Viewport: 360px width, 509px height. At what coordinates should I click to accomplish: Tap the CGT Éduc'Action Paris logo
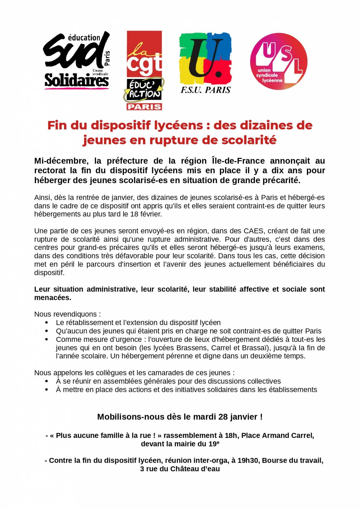144,70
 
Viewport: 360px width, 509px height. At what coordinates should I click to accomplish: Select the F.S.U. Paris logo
205,63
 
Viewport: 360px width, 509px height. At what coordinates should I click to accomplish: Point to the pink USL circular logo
279,61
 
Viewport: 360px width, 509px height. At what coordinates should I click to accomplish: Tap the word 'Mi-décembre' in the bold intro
61,161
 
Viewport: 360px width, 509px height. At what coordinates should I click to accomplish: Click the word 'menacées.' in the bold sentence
53,298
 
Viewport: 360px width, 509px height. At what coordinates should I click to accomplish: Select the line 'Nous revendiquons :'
67,314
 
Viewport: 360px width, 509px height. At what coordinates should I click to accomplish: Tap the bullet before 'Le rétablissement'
46,323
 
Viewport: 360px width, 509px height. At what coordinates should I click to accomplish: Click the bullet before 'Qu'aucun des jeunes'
46,331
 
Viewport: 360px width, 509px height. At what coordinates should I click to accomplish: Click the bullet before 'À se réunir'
46,381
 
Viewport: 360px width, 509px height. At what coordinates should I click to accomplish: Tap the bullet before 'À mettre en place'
46,390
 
